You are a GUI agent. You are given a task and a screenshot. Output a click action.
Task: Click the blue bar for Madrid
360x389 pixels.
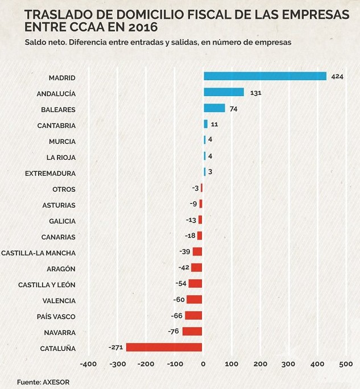click(265, 76)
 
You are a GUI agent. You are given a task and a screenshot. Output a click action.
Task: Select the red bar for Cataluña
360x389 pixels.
click(164, 347)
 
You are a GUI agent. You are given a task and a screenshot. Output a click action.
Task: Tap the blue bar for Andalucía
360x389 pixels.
click(224, 92)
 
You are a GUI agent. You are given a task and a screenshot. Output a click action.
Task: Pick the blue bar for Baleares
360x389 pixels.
click(214, 108)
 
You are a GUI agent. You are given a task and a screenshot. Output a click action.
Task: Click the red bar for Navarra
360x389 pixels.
click(192, 331)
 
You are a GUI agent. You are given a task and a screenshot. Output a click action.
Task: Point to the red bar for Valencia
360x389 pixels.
click(195, 299)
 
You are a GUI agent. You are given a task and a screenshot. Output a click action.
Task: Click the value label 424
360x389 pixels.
click(337, 76)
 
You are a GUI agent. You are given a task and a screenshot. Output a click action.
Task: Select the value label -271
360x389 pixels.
click(116, 347)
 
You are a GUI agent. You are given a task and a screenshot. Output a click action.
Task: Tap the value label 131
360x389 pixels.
click(255, 92)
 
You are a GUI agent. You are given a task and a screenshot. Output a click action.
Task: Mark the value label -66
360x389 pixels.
click(176, 316)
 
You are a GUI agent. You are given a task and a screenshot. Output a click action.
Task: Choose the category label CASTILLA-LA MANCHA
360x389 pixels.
click(38, 253)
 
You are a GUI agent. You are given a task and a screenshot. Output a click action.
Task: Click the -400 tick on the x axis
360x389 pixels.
click(89, 363)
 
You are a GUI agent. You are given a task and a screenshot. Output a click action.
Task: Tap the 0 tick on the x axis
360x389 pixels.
click(204, 363)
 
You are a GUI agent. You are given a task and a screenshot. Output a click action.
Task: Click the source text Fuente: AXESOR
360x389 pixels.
click(43, 382)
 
